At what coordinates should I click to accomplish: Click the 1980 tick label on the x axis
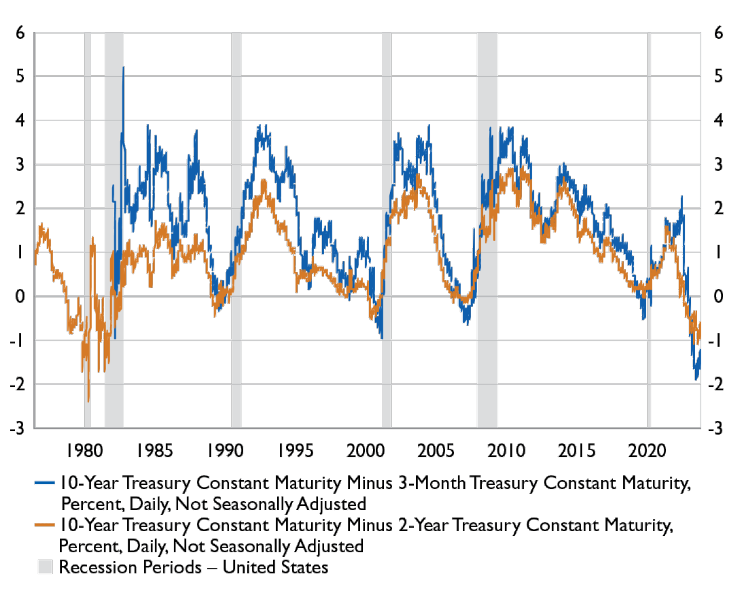pos(85,451)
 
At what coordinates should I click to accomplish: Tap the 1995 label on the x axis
pos(296,451)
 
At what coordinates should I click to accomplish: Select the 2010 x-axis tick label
pos(507,451)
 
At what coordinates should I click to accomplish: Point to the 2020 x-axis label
pos(648,451)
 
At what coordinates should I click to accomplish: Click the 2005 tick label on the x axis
pos(436,451)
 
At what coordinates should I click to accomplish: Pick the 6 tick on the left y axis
pos(20,32)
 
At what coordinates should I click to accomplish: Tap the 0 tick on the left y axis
pos(20,296)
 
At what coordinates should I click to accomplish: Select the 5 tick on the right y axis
pos(718,76)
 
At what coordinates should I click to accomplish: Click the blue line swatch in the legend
pos(45,483)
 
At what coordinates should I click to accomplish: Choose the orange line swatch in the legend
pos(45,525)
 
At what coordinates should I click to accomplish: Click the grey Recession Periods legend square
pos(45,567)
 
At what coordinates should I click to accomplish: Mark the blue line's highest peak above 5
pos(123,67)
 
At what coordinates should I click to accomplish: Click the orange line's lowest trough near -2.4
pos(88,401)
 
